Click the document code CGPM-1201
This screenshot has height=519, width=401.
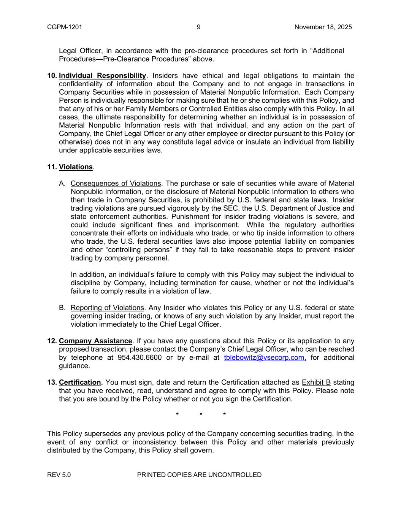coord(65,27)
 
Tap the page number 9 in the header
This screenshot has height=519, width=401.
coord(199,27)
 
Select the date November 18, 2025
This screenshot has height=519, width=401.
coord(323,27)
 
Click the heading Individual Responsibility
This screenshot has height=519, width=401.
coord(102,76)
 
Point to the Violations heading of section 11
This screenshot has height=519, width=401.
coord(76,167)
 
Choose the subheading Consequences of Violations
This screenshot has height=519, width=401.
coord(116,184)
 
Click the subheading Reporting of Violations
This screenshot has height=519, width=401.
coord(107,308)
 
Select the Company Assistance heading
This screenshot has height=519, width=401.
coord(95,341)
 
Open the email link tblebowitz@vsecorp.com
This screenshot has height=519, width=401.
coord(265,358)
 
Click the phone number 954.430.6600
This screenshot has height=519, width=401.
coord(139,358)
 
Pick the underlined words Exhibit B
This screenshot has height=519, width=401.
coord(316,383)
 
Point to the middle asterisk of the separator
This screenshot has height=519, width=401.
coord(201,415)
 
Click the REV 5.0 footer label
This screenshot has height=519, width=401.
coord(59,475)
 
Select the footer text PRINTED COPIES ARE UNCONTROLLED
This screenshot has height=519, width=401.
coord(199,475)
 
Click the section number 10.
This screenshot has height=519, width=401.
coord(52,76)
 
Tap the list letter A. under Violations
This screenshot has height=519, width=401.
coord(62,184)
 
